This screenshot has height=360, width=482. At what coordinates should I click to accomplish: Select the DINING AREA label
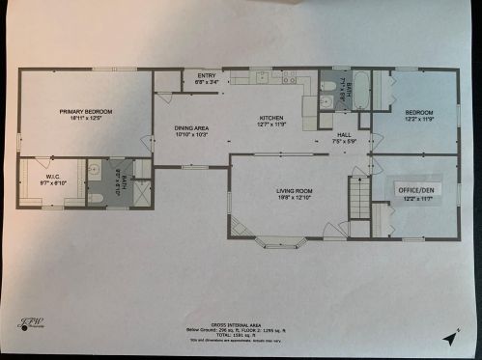[x=191, y=131]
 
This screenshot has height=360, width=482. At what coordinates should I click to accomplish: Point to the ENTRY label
[x=207, y=78]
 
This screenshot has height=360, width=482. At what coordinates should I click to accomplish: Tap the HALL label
[x=345, y=138]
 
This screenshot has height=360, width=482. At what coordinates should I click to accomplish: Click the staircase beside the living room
[x=359, y=202]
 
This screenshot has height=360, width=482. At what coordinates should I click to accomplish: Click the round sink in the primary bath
[x=95, y=170]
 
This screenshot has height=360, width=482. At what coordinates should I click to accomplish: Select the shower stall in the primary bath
[x=141, y=192]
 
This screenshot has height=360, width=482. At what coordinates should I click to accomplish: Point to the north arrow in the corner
[x=448, y=338]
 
